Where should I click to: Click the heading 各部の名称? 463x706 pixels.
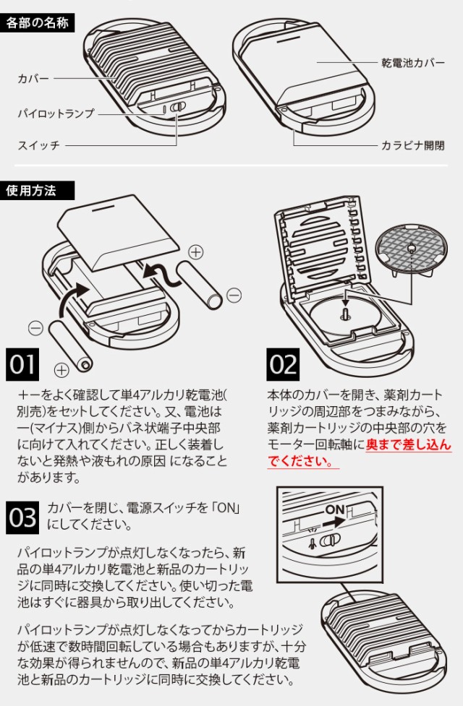[38, 22]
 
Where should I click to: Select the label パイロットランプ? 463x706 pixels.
[56, 113]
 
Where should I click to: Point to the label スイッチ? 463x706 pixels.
[38, 146]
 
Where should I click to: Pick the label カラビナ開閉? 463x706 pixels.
[413, 145]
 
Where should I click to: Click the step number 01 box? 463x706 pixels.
[23, 365]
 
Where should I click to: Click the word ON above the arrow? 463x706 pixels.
[336, 509]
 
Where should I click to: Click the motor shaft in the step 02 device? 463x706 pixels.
[345, 313]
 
